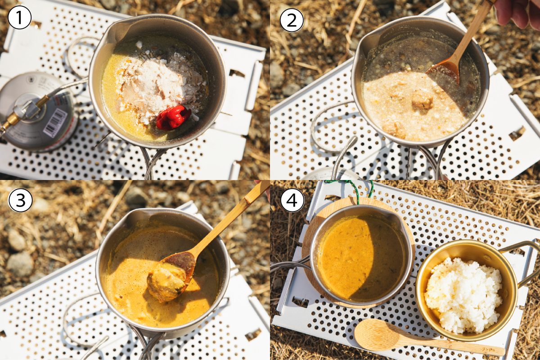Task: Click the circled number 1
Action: (19, 18)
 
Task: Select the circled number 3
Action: (20, 200)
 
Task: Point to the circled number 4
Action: (292, 201)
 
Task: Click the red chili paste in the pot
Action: (173, 117)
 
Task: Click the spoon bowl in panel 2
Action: (443, 72)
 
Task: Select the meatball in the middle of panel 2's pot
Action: (423, 100)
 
